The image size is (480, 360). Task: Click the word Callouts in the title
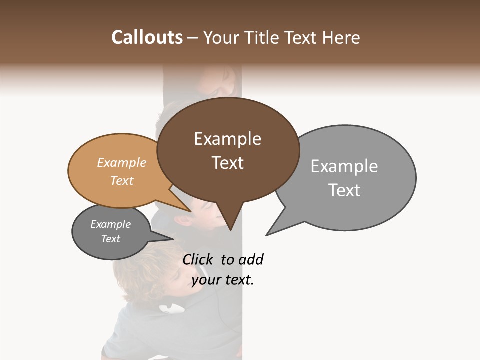[147, 37]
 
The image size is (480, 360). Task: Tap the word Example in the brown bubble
[227, 139]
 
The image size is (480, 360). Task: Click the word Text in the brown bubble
[227, 163]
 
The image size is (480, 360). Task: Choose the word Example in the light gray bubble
[344, 166]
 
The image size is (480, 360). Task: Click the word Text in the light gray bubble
[344, 190]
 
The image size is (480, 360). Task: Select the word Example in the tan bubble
[122, 163]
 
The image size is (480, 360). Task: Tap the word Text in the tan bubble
[122, 180]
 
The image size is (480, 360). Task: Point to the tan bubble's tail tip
[191, 211]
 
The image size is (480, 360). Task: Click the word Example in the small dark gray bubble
[110, 224]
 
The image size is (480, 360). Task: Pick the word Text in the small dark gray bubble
[110, 239]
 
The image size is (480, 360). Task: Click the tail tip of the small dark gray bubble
[173, 239]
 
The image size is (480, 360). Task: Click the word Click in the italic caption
[199, 259]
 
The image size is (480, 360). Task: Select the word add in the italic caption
[251, 259]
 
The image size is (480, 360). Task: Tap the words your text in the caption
[223, 280]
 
